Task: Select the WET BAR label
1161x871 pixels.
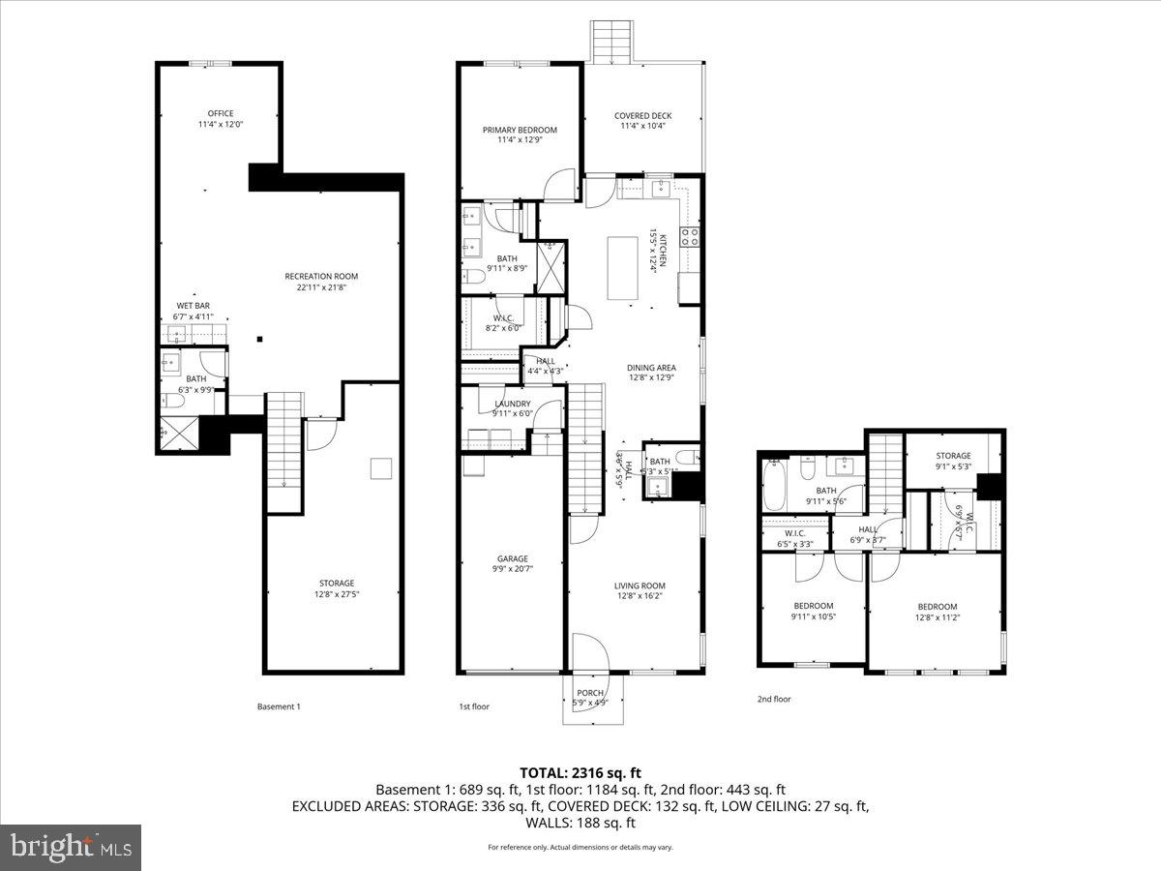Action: click(x=193, y=311)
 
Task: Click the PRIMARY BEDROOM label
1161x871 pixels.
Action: click(x=520, y=135)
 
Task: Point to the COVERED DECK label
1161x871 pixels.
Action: click(x=642, y=121)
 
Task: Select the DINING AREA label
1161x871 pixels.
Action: click(x=650, y=373)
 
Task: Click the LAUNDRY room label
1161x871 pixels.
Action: click(x=511, y=408)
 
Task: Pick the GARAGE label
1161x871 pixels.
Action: click(x=512, y=563)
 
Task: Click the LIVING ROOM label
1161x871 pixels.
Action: click(x=640, y=590)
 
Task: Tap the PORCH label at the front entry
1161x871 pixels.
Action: click(x=590, y=698)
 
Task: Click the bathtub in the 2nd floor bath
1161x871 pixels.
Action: click(x=775, y=487)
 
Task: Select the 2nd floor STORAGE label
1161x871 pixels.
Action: click(x=953, y=461)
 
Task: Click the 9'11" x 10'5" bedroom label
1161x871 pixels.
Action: click(x=812, y=612)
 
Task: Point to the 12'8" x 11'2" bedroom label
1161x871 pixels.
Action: click(x=937, y=612)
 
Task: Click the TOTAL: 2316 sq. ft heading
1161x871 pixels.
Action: click(x=580, y=772)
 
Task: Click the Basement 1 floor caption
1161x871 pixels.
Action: click(x=279, y=706)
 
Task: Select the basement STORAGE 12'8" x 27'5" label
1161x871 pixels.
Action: click(x=336, y=588)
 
